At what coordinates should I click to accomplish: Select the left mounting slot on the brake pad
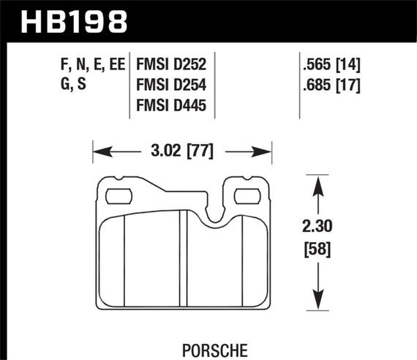(117, 195)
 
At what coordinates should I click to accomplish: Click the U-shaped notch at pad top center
(214, 213)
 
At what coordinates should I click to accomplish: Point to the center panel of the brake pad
(153, 263)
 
